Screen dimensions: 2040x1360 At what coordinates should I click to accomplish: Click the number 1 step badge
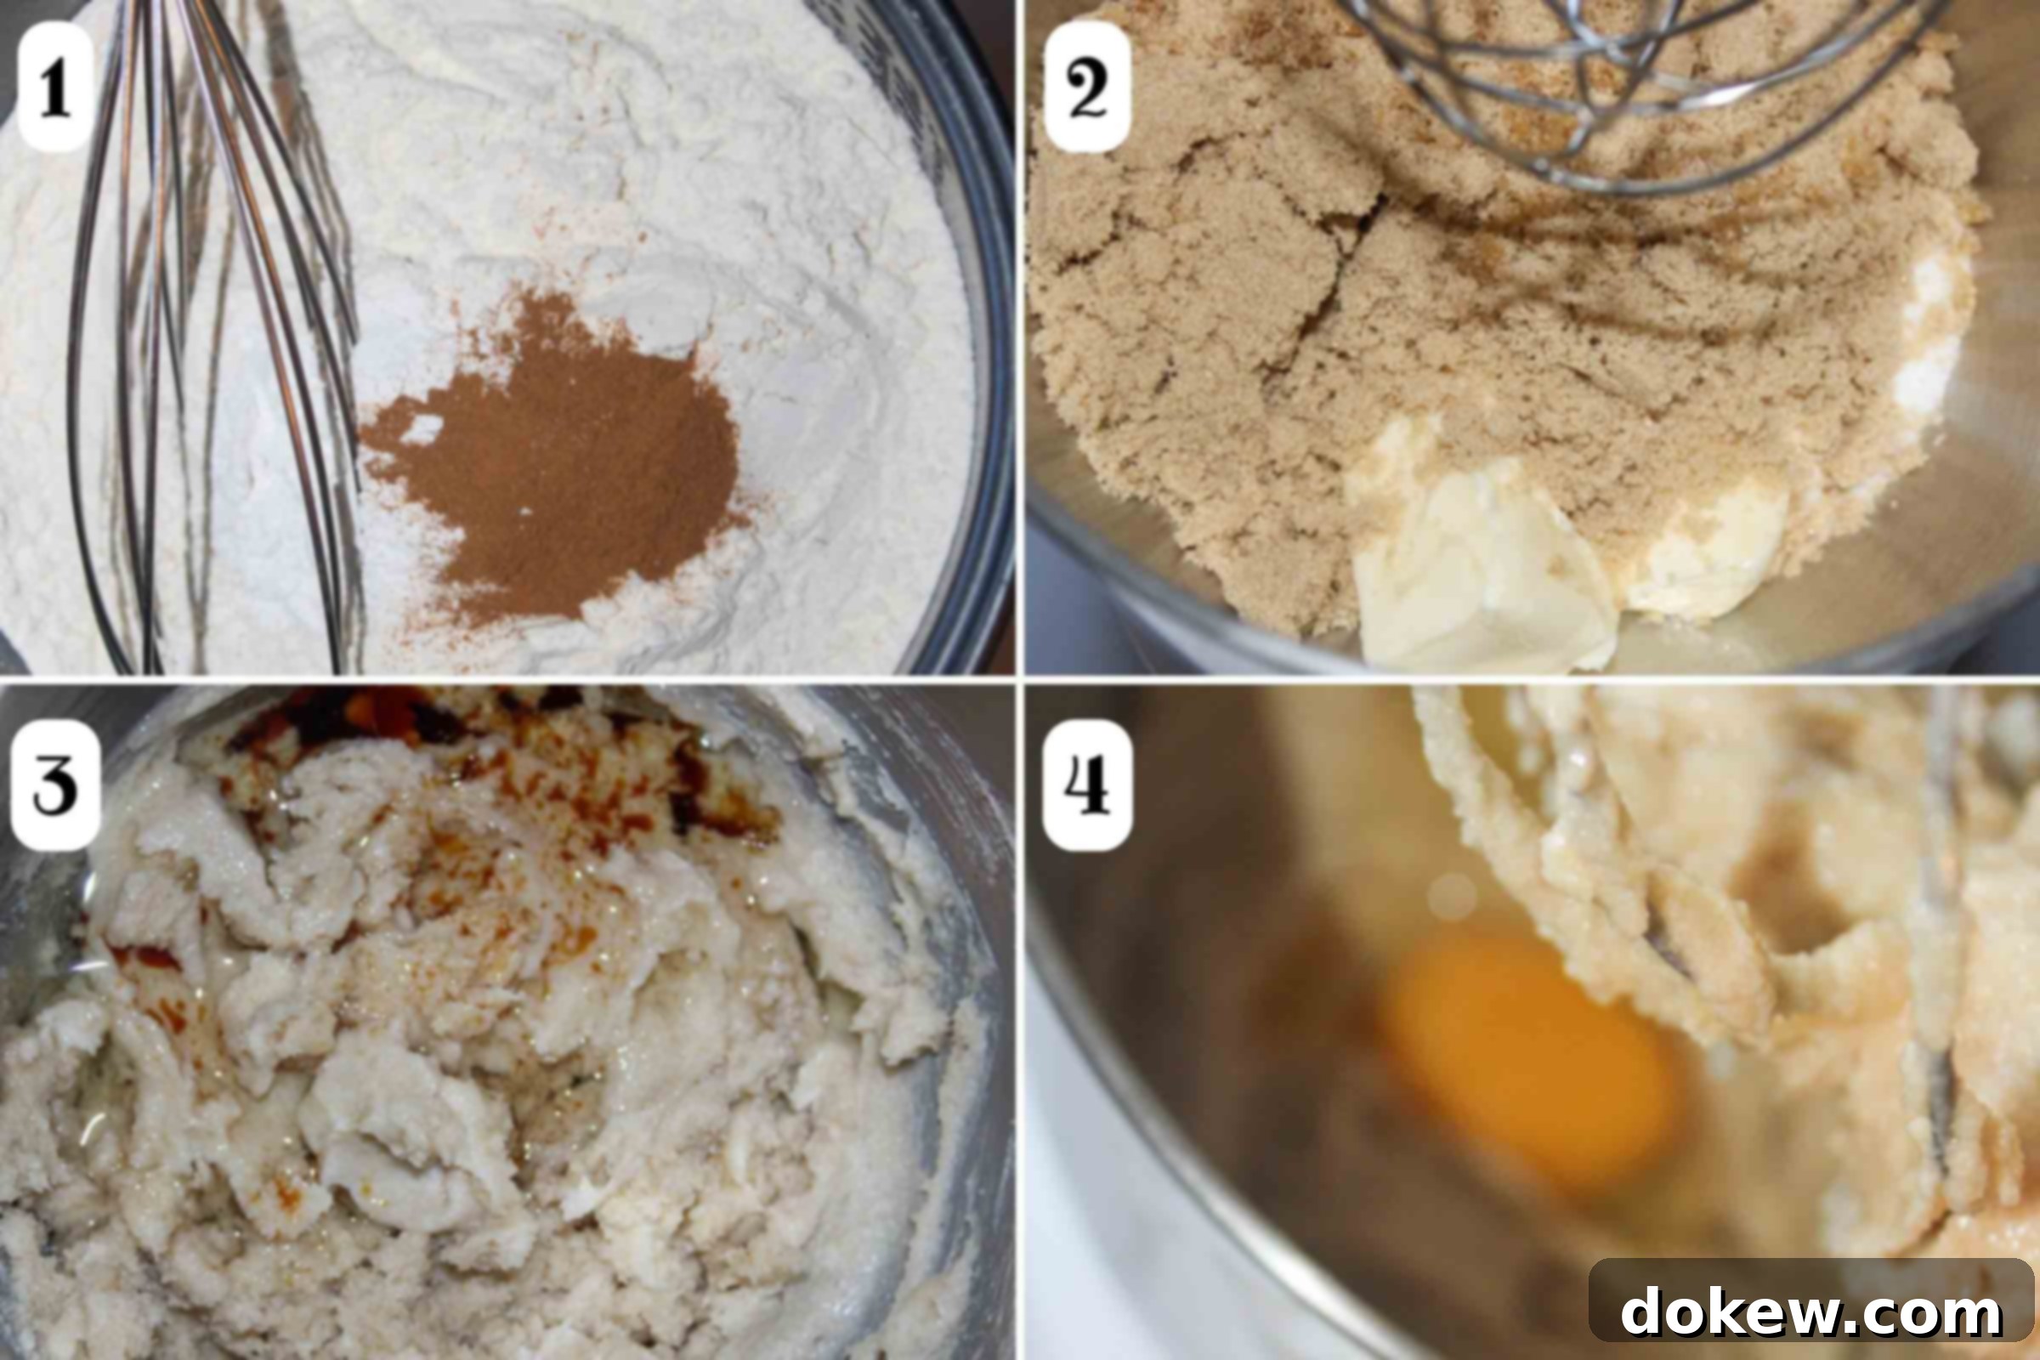(x=55, y=87)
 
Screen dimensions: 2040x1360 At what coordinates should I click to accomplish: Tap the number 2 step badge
(x=1087, y=87)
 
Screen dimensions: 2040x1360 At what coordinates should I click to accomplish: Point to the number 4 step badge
(x=1087, y=785)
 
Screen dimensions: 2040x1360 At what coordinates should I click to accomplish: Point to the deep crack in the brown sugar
(x=1327, y=278)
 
